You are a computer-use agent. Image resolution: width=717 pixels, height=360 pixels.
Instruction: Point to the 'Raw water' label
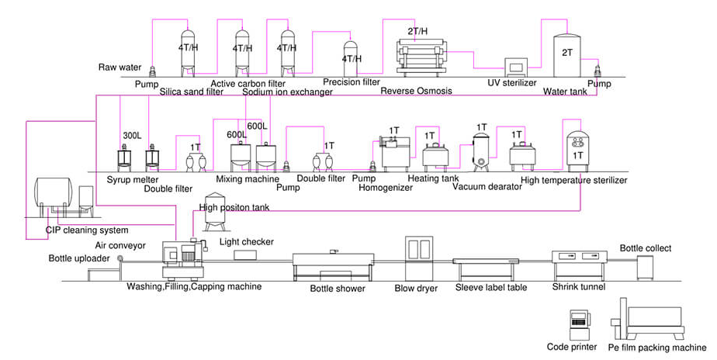[x=119, y=67]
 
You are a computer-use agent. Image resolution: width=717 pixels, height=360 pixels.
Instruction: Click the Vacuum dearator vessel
[x=481, y=149]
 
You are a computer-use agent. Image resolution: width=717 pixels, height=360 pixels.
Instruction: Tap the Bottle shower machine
[x=332, y=267]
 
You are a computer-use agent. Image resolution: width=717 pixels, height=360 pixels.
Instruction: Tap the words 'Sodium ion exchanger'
[x=287, y=92]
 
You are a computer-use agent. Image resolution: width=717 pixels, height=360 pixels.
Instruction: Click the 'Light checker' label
[x=246, y=242]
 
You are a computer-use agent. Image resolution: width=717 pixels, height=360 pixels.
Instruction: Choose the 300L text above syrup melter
[x=132, y=136]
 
